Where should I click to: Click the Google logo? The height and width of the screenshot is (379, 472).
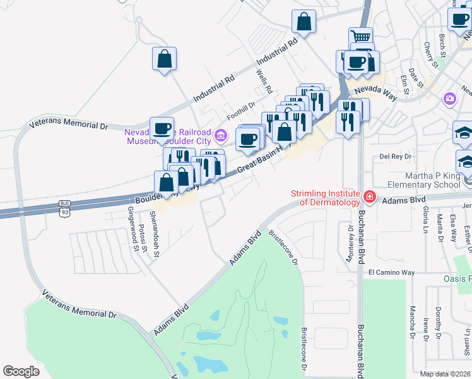pyautogui.click(x=21, y=371)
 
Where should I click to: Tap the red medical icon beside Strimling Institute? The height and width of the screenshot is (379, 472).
pyautogui.click(x=369, y=199)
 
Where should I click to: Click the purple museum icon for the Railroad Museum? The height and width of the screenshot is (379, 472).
pyautogui.click(x=220, y=135)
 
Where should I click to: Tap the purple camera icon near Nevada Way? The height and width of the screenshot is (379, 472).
pyautogui.click(x=449, y=98)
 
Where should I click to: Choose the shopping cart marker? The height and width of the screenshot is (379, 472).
pyautogui.click(x=360, y=37)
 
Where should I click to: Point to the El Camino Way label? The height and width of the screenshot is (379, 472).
pyautogui.click(x=391, y=272)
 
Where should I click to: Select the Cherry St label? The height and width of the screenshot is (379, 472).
pyautogui.click(x=430, y=55)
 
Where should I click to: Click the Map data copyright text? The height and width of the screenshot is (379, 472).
pyautogui.click(x=445, y=374)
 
